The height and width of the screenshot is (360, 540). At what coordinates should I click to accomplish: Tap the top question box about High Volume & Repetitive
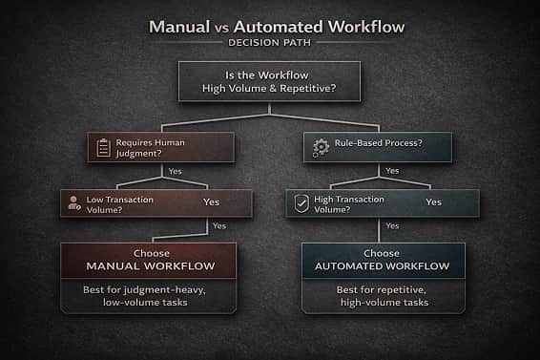pos(269,81)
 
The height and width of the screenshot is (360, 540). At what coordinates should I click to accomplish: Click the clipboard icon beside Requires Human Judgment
pos(102,147)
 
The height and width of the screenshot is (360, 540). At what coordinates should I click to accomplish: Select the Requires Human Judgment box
pos(159,147)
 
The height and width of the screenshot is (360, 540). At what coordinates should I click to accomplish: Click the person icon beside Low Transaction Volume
pos(73,202)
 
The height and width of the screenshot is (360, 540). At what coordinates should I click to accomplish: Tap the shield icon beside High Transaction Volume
pos(301,202)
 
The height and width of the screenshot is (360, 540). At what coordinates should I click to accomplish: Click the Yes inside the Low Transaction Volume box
pos(211,202)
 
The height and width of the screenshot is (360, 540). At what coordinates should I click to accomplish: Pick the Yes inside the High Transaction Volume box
pos(433,202)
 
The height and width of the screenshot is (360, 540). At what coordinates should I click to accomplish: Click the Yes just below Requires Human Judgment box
pos(175,171)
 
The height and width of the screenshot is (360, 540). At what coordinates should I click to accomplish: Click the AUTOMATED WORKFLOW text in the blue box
pos(383,267)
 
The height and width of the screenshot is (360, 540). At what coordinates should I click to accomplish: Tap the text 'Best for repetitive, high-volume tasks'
pos(383,295)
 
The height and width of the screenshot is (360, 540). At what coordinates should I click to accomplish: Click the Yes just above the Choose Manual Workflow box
pos(219,226)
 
